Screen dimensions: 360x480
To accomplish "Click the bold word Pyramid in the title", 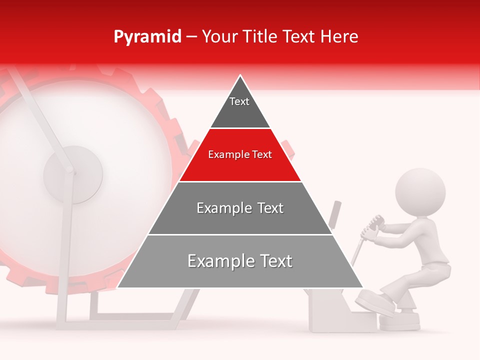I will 147,37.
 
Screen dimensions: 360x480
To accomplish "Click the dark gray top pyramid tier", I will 240,112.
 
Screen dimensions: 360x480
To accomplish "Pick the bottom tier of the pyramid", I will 240,272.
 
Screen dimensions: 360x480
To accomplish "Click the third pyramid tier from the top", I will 240,220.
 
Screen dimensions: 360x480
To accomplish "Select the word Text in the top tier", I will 239,101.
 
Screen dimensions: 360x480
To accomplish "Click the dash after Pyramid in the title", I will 191,37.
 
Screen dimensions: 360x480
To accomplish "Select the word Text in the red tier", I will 261,155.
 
